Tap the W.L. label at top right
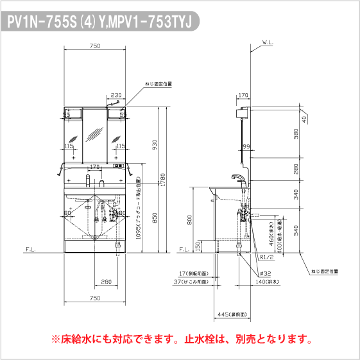267,44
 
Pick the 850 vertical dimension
154,218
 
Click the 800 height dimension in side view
189,220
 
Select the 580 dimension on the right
296,133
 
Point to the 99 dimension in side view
246,148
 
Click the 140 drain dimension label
267,281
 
